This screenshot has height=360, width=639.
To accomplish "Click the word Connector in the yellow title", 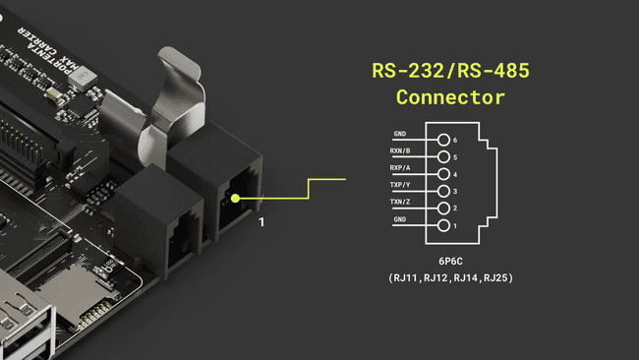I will (450, 97).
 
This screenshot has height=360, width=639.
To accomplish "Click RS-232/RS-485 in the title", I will (450, 72).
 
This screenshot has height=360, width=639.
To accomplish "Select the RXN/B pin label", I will (400, 152).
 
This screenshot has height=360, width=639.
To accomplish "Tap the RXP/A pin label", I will (400, 169).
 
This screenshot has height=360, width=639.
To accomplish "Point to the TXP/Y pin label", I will (400, 186).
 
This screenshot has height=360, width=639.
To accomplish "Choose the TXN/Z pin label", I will (400, 204).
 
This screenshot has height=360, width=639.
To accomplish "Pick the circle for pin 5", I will (444, 157).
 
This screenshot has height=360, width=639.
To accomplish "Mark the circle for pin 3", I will (444, 192).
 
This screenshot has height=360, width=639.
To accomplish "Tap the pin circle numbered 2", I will (444, 209).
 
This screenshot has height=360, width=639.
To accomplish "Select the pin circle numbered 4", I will (444, 174).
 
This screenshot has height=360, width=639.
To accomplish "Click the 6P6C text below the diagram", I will (451, 263).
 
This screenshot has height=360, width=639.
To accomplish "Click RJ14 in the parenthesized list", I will (462, 278).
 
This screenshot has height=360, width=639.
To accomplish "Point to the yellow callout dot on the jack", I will (235, 198).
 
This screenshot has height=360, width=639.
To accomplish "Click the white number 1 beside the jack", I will (261, 223).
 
